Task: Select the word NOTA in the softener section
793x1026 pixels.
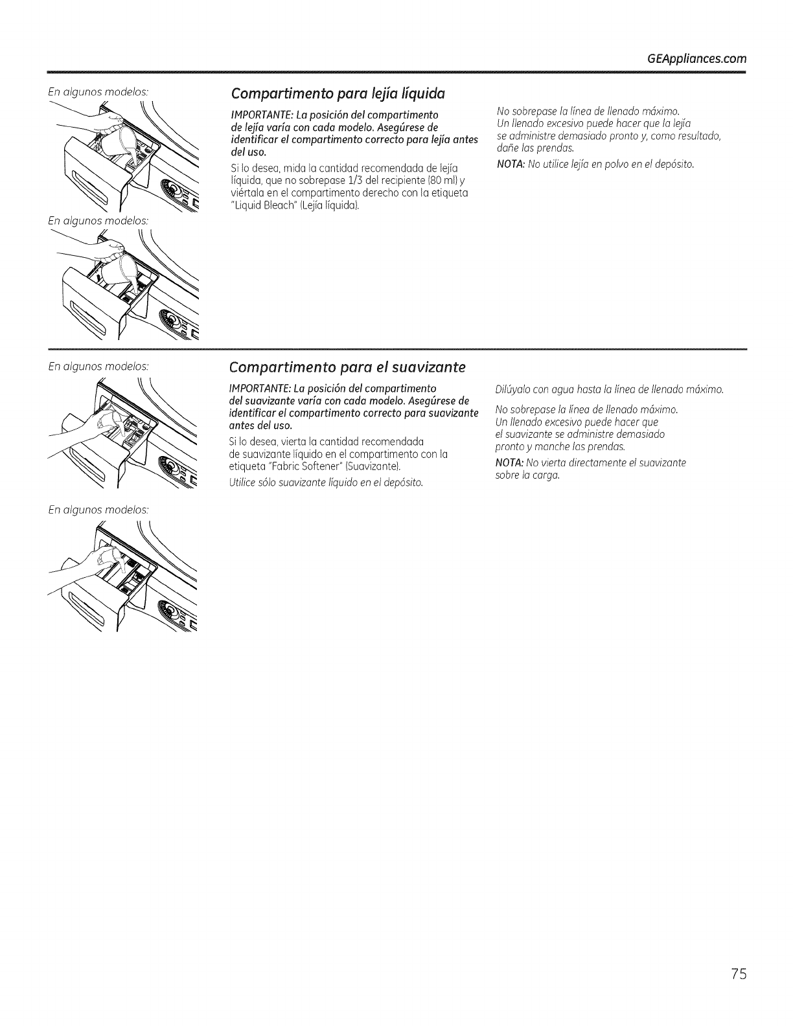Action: (x=509, y=462)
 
